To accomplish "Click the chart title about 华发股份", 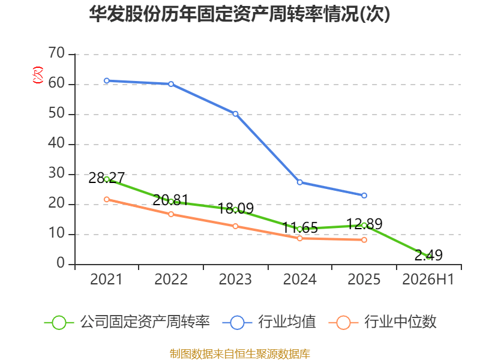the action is click(239, 14).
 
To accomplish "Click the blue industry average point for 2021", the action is click(107, 81).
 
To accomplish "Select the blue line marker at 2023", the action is click(235, 114).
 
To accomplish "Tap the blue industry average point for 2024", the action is click(299, 182).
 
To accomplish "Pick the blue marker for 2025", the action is click(364, 196).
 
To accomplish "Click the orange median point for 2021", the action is click(107, 200).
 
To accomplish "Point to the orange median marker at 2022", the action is click(171, 214).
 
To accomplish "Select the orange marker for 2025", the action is click(364, 240).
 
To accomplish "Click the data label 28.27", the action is click(107, 178).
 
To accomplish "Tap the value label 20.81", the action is click(170, 200).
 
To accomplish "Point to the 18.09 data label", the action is click(235, 208).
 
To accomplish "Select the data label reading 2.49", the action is click(428, 255).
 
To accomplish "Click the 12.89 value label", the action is click(364, 224).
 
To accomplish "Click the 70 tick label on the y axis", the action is click(56, 53).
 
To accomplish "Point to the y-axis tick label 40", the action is click(56, 143).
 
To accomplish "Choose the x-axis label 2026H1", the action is click(428, 279).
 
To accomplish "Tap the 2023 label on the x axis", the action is click(235, 279).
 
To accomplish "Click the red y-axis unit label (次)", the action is click(38, 75).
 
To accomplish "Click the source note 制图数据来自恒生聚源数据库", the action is click(239, 354).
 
